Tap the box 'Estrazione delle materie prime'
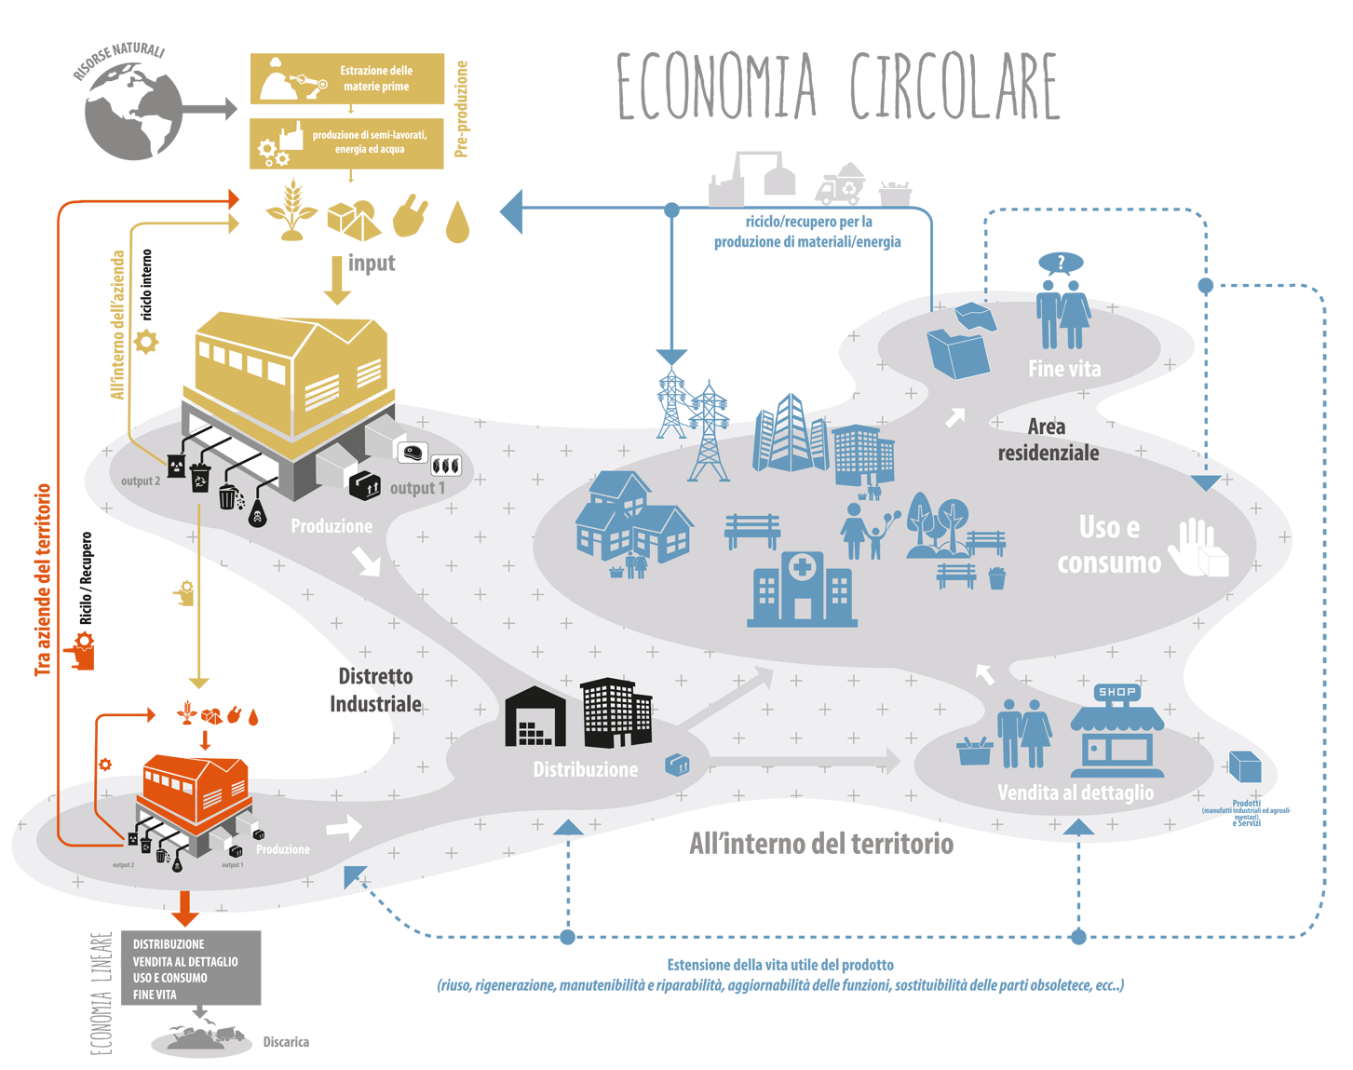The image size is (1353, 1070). (x=347, y=79)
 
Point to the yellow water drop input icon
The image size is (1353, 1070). (x=457, y=223)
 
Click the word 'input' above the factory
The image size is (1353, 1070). (x=372, y=264)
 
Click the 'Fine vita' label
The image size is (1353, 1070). (x=1064, y=369)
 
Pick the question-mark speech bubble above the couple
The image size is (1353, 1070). (x=1061, y=263)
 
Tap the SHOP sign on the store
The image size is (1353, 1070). (x=1117, y=692)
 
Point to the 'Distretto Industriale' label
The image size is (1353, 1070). (x=376, y=690)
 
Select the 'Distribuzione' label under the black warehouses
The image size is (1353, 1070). (x=586, y=769)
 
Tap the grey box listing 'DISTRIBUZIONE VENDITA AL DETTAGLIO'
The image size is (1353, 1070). (x=191, y=968)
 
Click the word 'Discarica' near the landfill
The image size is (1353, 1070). (x=286, y=1042)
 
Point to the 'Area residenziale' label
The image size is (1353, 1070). (x=1048, y=440)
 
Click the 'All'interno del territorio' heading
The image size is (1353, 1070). (x=821, y=844)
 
